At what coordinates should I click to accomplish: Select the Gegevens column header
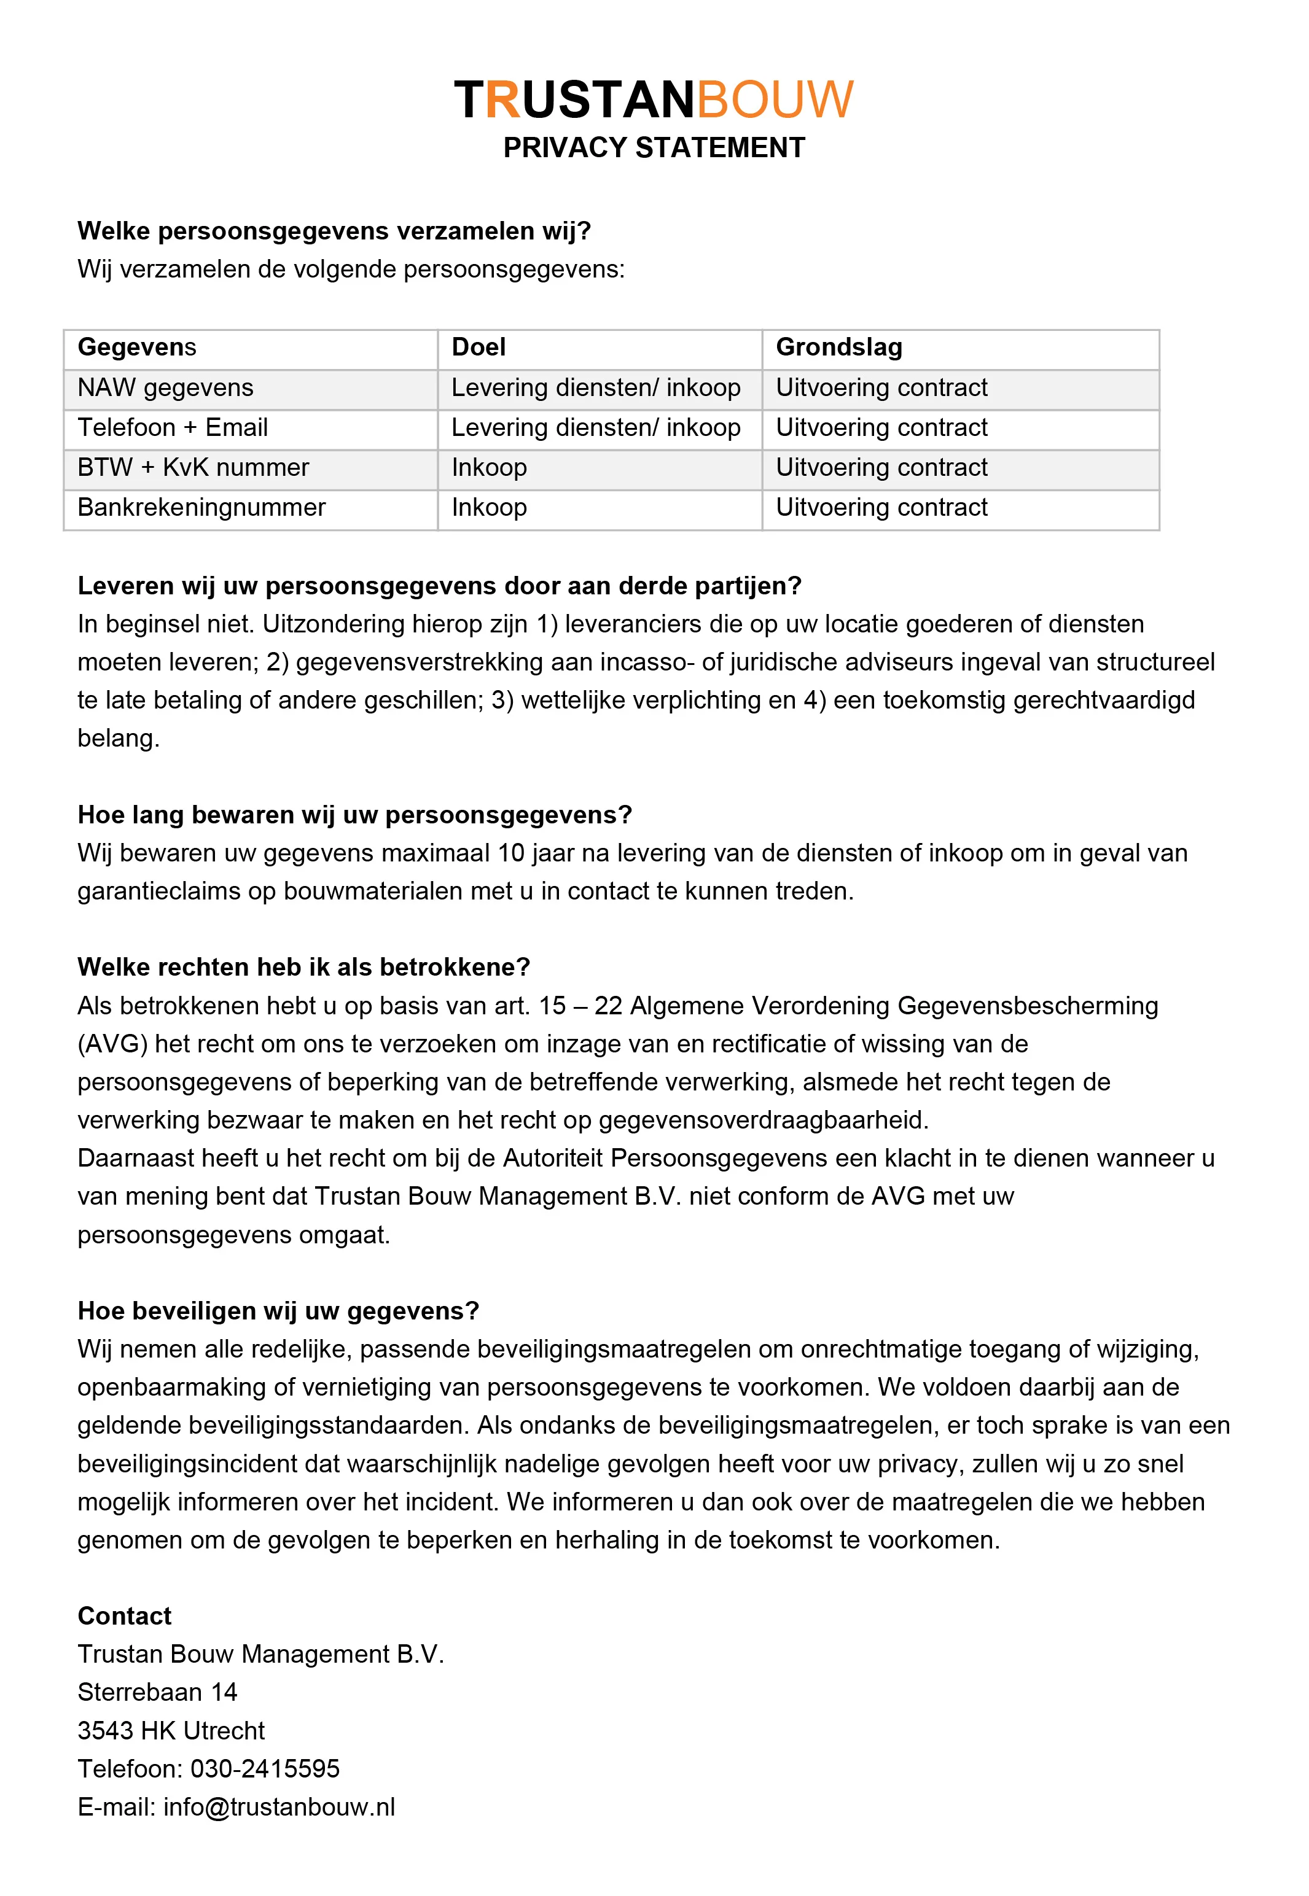point(137,348)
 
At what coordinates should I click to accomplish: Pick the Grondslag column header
point(838,348)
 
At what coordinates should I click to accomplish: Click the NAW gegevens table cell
point(166,387)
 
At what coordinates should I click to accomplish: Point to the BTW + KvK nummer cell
point(193,468)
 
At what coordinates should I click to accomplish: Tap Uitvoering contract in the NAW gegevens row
point(881,387)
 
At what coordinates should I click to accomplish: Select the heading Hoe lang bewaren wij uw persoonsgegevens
point(354,815)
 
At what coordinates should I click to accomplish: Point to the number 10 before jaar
point(511,853)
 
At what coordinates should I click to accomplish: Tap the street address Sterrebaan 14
point(157,1692)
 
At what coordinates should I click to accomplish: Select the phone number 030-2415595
point(265,1768)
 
